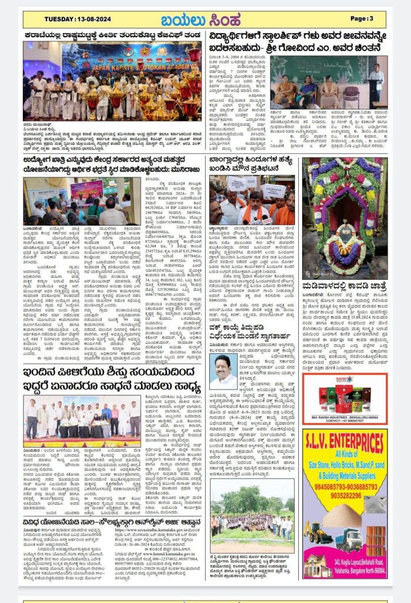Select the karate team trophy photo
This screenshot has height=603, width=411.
click(112, 81)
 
